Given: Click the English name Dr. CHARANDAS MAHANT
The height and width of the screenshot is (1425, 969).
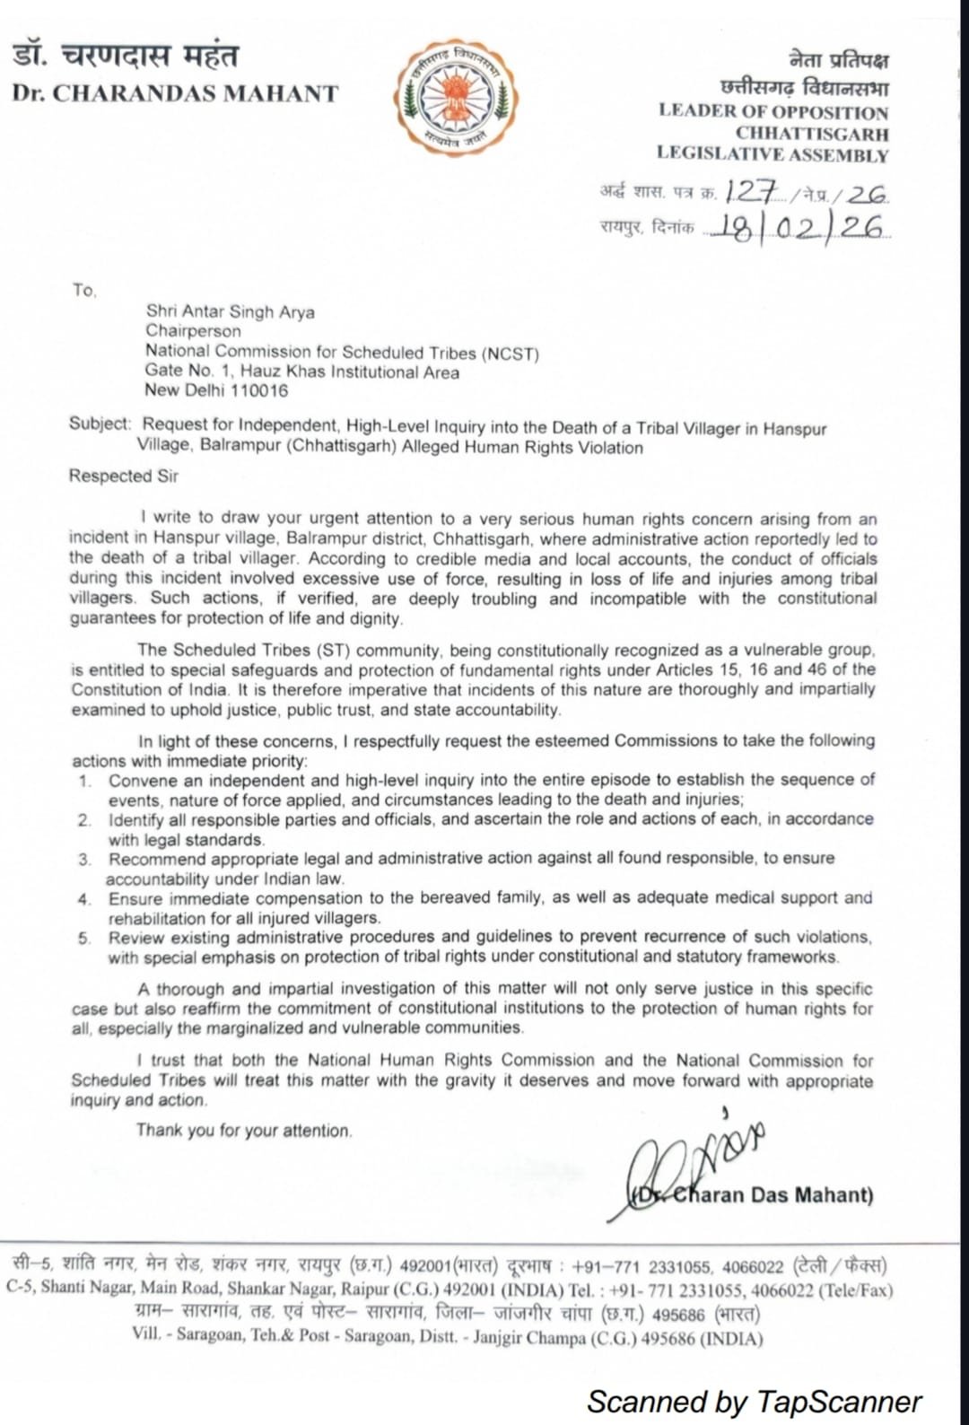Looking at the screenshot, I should point(175,94).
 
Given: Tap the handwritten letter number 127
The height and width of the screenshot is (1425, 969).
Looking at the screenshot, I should point(752,190).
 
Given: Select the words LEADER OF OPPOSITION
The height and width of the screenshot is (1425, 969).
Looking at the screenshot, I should point(773,112).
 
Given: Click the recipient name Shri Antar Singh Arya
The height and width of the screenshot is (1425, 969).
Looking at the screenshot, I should point(231,311).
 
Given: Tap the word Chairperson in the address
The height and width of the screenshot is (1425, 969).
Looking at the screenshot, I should point(193,331).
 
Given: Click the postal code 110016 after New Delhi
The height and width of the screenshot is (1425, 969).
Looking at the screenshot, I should point(259,390).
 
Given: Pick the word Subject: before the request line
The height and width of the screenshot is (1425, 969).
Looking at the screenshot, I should point(100,424).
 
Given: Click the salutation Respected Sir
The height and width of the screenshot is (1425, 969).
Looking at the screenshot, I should point(124,476).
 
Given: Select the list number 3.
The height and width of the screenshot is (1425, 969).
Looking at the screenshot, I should point(84,859).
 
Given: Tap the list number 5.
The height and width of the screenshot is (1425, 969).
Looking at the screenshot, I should point(84,938).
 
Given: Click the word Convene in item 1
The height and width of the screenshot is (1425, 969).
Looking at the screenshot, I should point(138,780).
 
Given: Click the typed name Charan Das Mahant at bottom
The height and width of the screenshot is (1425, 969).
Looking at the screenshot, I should point(772,1194).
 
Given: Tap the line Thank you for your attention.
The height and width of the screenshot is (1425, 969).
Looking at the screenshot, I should point(244,1131).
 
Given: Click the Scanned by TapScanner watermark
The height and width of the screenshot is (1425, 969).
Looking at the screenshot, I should point(754,1401).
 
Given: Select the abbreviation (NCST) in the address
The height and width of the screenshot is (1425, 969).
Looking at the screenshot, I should point(511,353).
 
